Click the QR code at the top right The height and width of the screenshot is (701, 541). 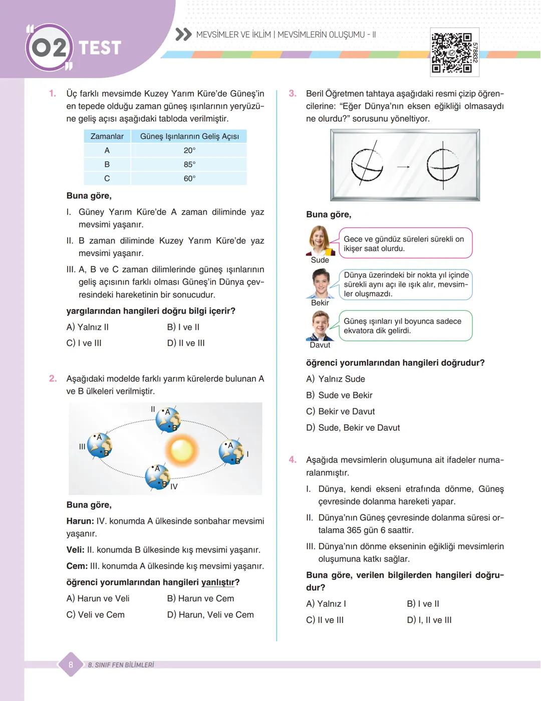[452, 53]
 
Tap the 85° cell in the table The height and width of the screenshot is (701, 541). [189, 164]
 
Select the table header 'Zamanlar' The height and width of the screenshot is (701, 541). [107, 136]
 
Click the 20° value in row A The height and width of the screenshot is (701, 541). [189, 150]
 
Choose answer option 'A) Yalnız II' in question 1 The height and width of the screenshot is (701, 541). [88, 327]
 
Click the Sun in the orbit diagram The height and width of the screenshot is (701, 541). [182, 449]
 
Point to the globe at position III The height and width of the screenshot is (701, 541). [99, 445]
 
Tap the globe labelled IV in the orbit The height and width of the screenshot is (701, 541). [157, 477]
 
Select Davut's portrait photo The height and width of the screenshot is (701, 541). [320, 326]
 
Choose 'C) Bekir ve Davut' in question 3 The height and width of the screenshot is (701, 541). [341, 411]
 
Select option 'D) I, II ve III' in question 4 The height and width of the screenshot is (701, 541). [429, 620]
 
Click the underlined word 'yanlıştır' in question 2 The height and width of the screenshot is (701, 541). [218, 582]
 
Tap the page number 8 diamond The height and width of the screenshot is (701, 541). [71, 665]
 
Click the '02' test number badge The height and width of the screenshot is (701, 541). [49, 48]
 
